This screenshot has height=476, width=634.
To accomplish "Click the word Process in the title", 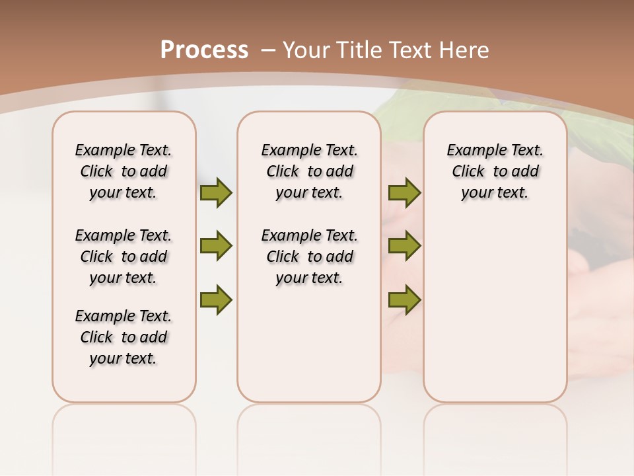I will [x=204, y=50].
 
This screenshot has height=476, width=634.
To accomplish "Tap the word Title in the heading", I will [x=360, y=50].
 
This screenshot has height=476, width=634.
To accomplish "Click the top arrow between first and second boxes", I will [x=216, y=193].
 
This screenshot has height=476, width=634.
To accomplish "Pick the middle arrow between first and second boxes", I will [x=216, y=246].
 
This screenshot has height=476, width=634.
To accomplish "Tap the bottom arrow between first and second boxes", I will [x=216, y=299].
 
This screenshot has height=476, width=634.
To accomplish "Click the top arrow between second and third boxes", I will [x=404, y=193].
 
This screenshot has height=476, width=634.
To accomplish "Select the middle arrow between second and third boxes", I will [x=404, y=246].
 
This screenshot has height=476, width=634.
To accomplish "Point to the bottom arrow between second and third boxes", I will [x=404, y=299].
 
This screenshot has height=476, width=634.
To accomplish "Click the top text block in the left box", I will [x=123, y=171].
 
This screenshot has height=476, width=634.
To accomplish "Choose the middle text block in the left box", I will [x=123, y=257].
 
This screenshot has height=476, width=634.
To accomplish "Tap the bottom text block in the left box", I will [x=123, y=337].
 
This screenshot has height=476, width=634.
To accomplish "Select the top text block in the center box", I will [x=309, y=171].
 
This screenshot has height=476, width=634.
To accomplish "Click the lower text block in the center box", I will [x=309, y=257].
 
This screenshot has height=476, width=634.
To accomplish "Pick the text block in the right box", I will [x=495, y=171].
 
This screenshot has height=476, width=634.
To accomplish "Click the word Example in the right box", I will [x=471, y=151].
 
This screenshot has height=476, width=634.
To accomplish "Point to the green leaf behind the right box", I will [x=588, y=126].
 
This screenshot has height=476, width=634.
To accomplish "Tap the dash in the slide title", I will [x=268, y=50].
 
